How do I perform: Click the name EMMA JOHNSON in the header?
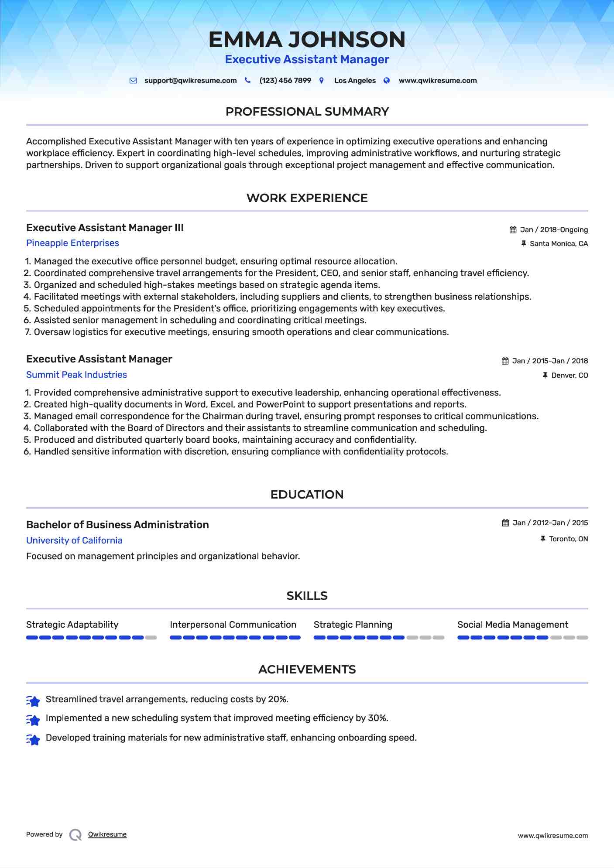(307, 39)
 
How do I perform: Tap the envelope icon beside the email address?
(133, 81)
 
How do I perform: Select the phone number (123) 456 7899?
(285, 81)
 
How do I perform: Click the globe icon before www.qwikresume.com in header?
(387, 81)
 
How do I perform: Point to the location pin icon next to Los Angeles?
(322, 81)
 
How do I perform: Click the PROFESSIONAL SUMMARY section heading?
(307, 112)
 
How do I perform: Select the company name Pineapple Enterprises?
(72, 243)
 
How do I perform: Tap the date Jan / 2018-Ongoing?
(554, 230)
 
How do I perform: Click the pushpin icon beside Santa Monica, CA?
(524, 244)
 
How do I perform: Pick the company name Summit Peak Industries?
(76, 375)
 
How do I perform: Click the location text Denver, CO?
(569, 376)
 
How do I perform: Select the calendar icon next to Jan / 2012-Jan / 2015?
(505, 523)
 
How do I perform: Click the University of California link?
(74, 540)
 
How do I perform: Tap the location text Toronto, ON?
(568, 539)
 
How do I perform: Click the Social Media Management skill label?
(512, 625)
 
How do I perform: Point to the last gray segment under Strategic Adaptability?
(151, 638)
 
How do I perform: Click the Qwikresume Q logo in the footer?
(75, 835)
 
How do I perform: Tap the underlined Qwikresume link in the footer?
(107, 834)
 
